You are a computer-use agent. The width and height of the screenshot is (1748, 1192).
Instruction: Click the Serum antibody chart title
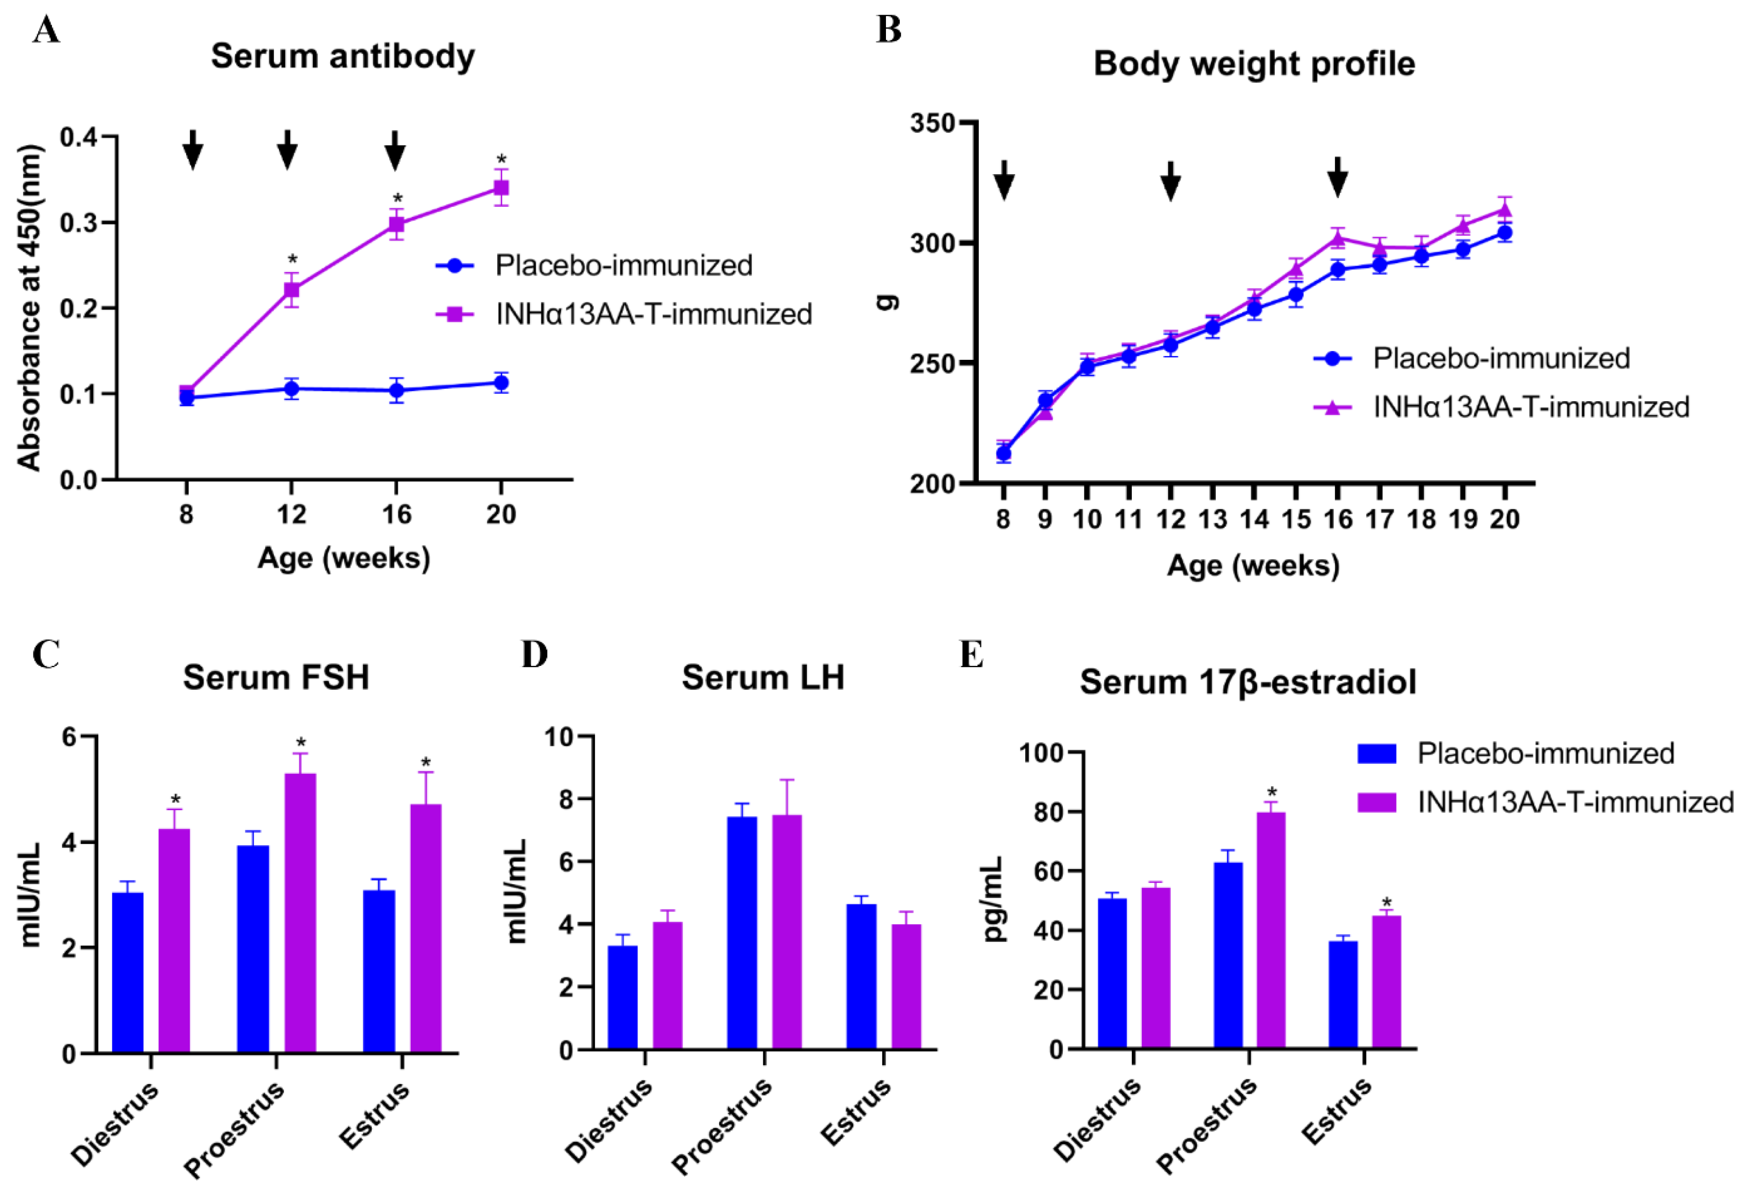pos(342,57)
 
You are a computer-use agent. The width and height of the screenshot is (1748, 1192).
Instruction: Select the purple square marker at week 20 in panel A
pos(501,187)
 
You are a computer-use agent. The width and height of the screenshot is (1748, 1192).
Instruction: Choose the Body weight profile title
pos(1254,64)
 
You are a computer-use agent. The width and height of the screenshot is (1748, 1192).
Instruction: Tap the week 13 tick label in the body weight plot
pos(1212,520)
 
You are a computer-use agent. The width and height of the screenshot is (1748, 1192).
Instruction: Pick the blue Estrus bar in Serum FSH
pos(378,971)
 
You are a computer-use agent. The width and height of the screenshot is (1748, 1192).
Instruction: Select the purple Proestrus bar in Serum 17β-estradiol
pos(1271,930)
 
